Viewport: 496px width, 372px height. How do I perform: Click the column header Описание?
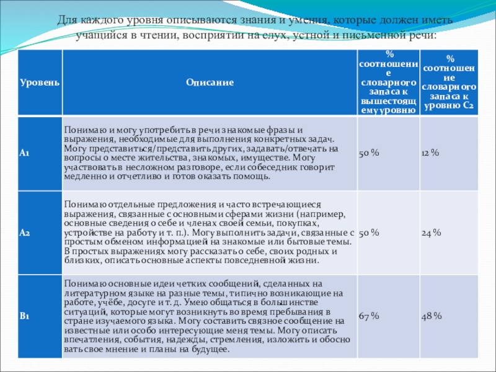(208, 82)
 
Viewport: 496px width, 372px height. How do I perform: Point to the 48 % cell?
(432, 317)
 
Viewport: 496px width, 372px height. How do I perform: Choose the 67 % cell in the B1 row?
(369, 317)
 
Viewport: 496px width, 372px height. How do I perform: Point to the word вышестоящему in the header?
(388, 104)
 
